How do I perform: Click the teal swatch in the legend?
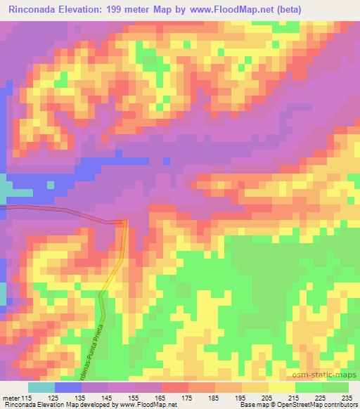point(41,388)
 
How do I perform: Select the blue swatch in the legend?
point(68,388)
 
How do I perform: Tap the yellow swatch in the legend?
point(281,388)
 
